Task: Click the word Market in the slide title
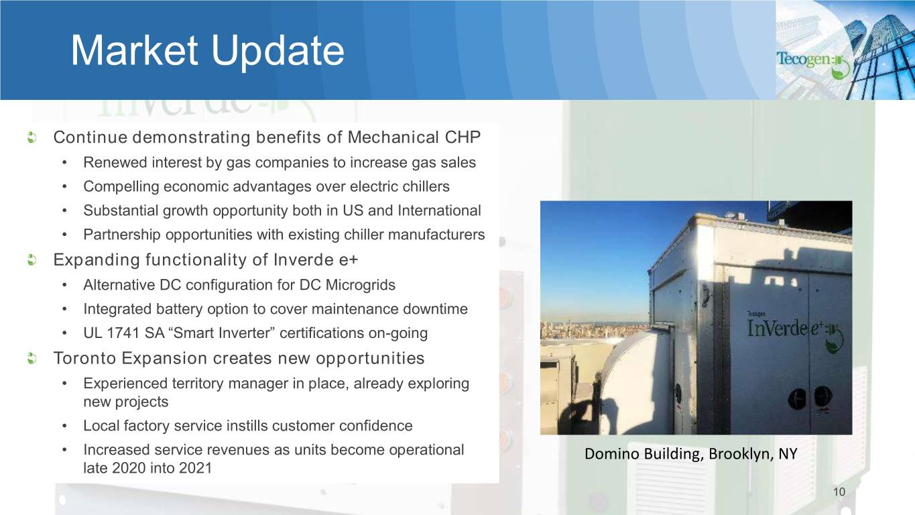[134, 50]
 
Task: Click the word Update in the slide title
[278, 53]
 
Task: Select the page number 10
[839, 492]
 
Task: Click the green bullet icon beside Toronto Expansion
[32, 359]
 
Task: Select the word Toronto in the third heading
[85, 359]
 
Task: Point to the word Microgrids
[360, 285]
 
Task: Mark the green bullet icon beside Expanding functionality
[32, 260]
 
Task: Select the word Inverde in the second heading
[304, 260]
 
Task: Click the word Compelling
[121, 187]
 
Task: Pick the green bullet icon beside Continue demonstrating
[32, 137]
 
